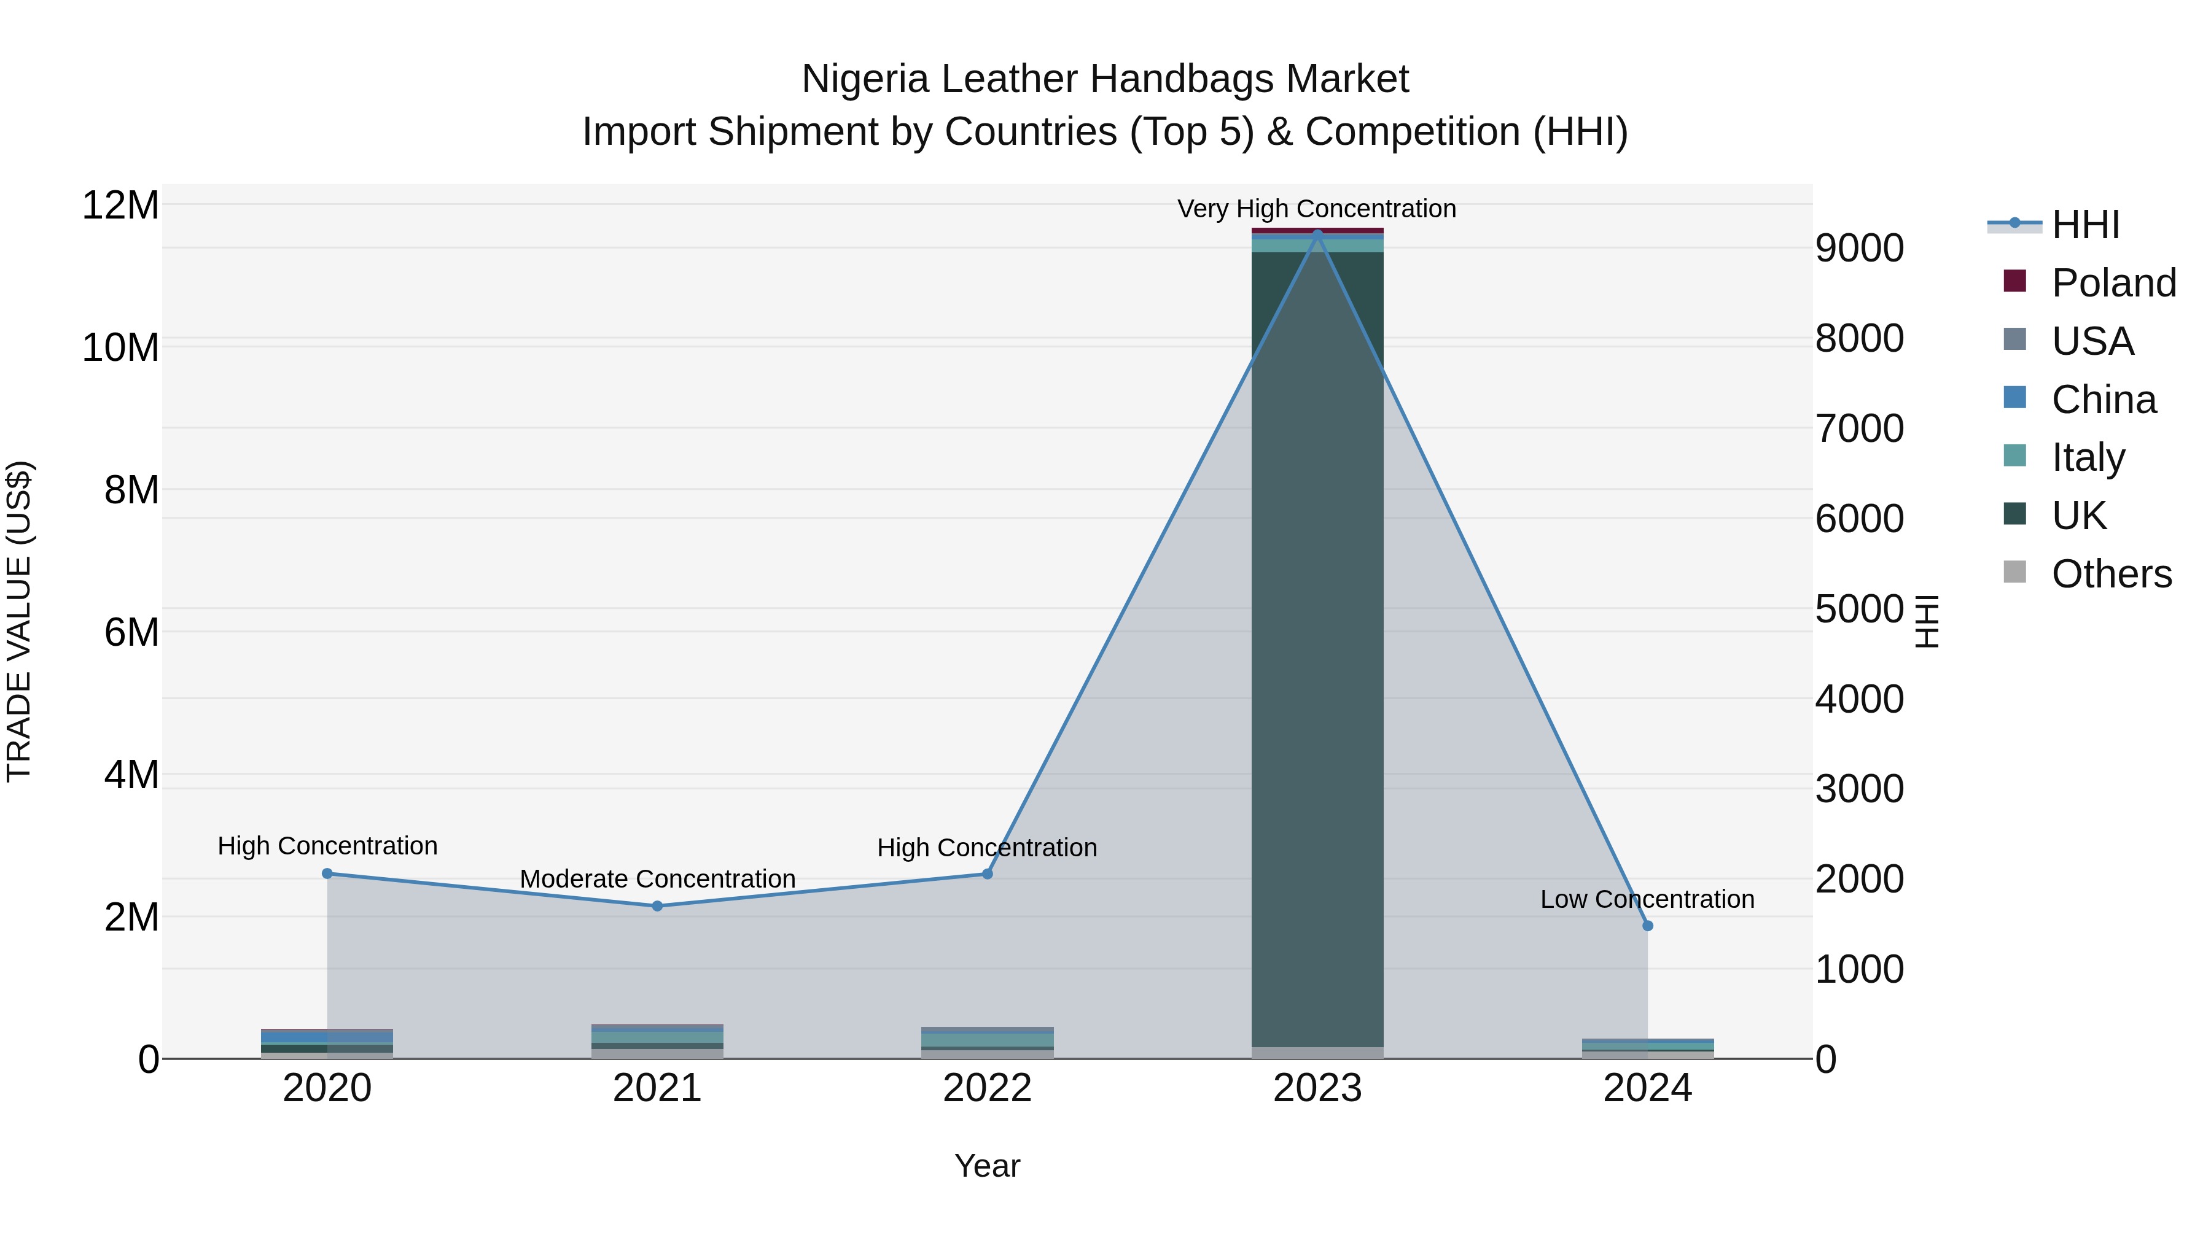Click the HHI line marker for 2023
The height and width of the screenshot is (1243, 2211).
point(1317,234)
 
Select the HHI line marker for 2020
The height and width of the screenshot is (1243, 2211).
point(327,873)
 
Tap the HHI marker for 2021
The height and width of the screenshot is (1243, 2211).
point(657,906)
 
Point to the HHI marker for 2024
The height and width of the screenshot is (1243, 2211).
point(1647,926)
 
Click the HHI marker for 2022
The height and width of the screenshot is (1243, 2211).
point(987,873)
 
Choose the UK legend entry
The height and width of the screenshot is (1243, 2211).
point(2079,516)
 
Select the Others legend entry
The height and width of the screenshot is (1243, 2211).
point(2110,574)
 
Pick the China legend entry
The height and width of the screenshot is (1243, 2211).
point(2103,399)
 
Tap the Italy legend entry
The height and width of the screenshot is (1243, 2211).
point(2088,457)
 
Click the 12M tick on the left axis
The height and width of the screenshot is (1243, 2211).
point(120,206)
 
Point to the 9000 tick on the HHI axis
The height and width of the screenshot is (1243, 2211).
point(1859,249)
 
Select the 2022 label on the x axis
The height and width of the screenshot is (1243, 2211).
point(987,1088)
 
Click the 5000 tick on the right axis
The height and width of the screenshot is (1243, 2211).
point(1859,609)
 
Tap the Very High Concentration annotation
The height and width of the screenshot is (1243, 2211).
point(1317,209)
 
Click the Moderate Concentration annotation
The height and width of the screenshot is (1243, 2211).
point(657,878)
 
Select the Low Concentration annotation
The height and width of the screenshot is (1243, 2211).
point(1647,899)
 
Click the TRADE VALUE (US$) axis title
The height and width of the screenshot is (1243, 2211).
point(19,621)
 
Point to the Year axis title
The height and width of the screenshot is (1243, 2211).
point(987,1166)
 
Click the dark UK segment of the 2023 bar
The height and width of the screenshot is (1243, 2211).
point(1317,643)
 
